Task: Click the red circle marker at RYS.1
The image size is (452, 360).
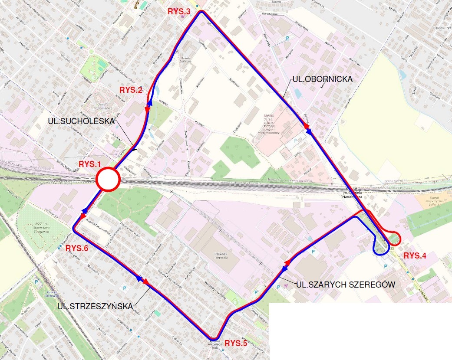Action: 107,179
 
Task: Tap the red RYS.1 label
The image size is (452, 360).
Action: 90,164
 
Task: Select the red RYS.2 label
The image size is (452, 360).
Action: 131,90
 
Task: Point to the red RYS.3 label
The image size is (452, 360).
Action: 179,12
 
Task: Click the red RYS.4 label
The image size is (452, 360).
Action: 415,255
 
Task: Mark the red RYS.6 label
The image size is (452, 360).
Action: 77,249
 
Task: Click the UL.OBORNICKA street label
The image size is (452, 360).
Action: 320,80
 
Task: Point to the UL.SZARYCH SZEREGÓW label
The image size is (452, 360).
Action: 345,285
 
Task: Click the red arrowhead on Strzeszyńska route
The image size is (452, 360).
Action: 145,282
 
